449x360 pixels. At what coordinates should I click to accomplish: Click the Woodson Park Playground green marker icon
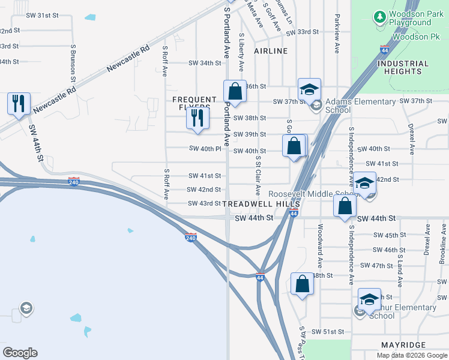click(x=379, y=17)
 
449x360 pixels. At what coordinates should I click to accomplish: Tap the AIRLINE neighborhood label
click(x=271, y=51)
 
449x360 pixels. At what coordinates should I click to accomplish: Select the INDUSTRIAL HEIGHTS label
click(x=403, y=67)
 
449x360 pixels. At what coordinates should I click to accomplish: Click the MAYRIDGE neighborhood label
click(x=403, y=345)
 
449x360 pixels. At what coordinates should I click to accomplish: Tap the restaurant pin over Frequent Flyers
click(x=198, y=118)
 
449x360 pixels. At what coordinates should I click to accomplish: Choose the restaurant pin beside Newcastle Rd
click(x=19, y=104)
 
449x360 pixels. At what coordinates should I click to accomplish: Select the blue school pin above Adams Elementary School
click(x=309, y=89)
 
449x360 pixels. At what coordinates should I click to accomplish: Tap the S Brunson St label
click(x=73, y=62)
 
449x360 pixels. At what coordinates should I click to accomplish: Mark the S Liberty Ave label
click(x=241, y=53)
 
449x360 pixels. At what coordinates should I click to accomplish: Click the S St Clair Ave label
click(x=258, y=175)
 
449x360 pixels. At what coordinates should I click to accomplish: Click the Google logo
click(x=20, y=353)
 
